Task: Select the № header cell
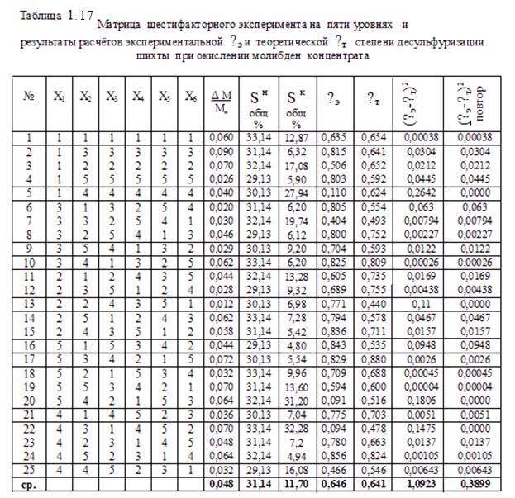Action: coord(30,96)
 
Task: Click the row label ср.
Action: coord(30,482)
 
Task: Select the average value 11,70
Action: coord(303,482)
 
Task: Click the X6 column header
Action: coord(190,96)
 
